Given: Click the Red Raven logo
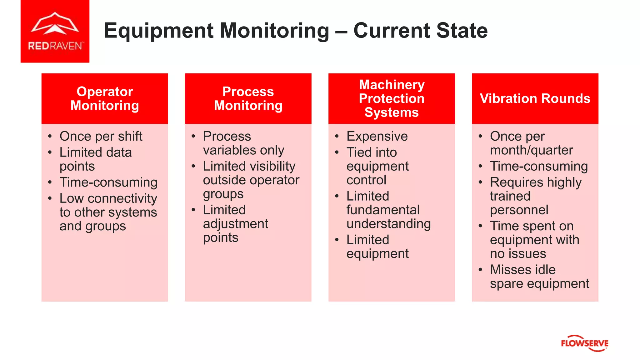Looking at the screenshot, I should pyautogui.click(x=55, y=31).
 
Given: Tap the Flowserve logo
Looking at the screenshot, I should pyautogui.click(x=584, y=343).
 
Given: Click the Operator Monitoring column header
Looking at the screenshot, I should pyautogui.click(x=105, y=98).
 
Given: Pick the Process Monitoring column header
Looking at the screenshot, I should pyautogui.click(x=248, y=98).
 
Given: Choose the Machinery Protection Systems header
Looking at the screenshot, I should pyautogui.click(x=392, y=98).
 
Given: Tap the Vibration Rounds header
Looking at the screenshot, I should pyautogui.click(x=535, y=98).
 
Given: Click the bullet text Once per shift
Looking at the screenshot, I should pyautogui.click(x=101, y=136).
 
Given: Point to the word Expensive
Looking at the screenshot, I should pyautogui.click(x=377, y=136).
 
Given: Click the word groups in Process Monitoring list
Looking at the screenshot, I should pyautogui.click(x=223, y=194).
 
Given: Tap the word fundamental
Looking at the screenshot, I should pyautogui.click(x=383, y=210).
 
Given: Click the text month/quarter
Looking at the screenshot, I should pyautogui.click(x=531, y=150).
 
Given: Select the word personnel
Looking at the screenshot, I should pyautogui.click(x=519, y=210).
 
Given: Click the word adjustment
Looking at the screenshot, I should pyautogui.click(x=236, y=224).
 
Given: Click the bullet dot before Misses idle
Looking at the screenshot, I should pyautogui.click(x=480, y=270).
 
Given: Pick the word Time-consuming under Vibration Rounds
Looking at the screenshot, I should pyautogui.click(x=539, y=166).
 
